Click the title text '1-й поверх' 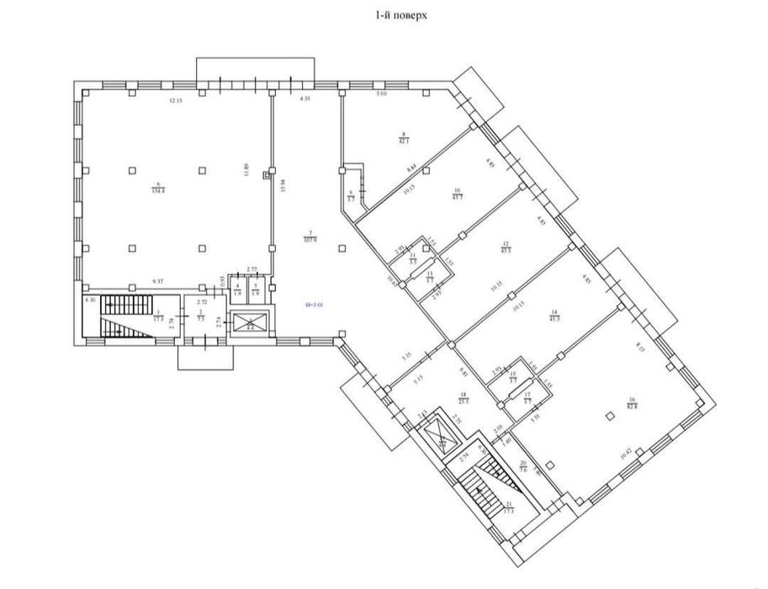point(383,14)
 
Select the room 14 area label point(553,315)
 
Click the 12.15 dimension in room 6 point(174,101)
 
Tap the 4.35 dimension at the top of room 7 point(305,101)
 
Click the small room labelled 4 point(238,290)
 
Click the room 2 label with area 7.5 point(200,316)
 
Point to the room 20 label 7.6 point(522,469)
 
